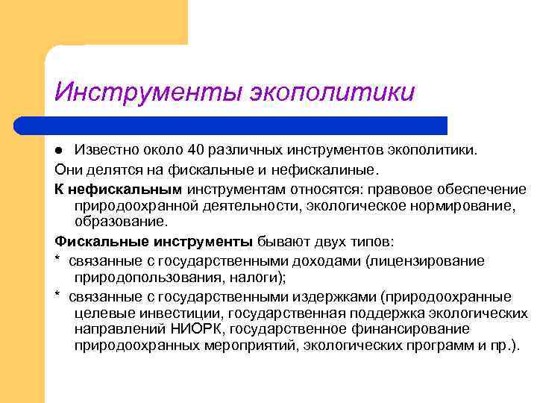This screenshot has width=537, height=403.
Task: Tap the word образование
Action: tap(121, 222)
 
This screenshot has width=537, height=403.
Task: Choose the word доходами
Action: tap(323, 260)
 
